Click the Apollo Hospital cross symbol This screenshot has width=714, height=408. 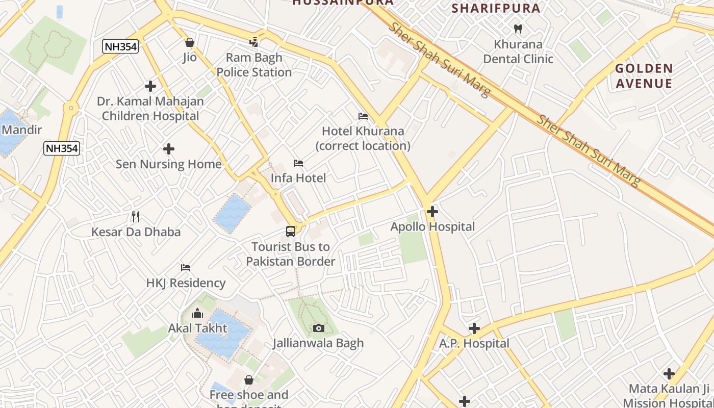tap(432, 211)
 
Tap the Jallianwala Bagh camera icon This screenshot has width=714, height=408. tap(319, 328)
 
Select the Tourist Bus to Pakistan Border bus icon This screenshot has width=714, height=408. tap(291, 232)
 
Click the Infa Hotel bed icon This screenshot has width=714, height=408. tap(298, 163)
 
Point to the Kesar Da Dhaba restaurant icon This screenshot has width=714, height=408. tap(136, 217)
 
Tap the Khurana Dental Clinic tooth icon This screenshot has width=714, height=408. tap(518, 29)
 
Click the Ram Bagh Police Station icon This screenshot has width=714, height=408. tap(254, 42)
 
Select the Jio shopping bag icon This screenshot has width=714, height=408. tap(190, 42)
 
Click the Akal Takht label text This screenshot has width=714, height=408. tap(197, 328)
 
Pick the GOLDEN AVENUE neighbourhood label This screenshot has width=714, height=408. tap(644, 76)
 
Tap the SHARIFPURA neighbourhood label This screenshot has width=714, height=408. tap(496, 8)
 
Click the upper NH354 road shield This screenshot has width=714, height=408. tap(120, 47)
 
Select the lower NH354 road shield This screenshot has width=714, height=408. tap(62, 148)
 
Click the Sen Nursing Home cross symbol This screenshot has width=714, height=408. tap(169, 149)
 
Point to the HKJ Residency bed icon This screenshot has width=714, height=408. tap(186, 267)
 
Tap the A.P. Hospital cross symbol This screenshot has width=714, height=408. tap(474, 328)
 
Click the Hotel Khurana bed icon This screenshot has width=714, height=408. tap(363, 116)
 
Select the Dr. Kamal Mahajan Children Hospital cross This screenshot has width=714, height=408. tap(150, 86)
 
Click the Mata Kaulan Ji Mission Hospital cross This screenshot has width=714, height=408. tap(669, 374)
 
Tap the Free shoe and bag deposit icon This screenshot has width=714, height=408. tap(249, 380)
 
